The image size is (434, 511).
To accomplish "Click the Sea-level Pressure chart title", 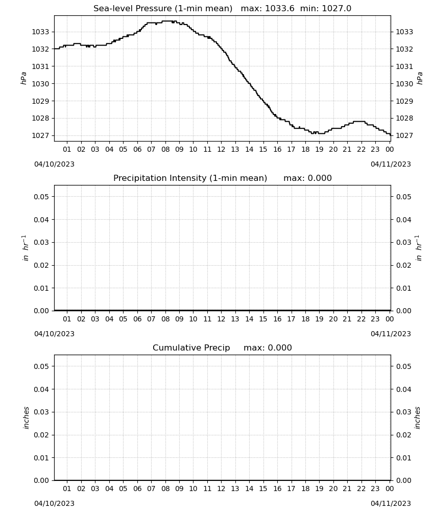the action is (x=223, y=9).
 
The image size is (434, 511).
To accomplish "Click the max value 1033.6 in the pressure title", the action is (x=280, y=9).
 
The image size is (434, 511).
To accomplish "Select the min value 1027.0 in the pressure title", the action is (x=336, y=9).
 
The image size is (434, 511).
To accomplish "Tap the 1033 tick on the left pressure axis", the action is (x=40, y=32).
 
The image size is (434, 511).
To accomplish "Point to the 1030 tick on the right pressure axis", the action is (x=404, y=84).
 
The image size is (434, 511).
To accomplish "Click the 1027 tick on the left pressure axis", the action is (x=40, y=135).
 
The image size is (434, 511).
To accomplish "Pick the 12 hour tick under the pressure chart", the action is (x=222, y=149).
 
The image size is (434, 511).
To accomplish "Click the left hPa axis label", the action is (x=23, y=78).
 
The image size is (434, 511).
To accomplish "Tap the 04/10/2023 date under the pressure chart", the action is (x=54, y=164).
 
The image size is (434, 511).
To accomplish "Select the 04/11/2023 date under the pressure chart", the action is (x=391, y=164).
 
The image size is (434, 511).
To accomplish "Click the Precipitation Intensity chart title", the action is (x=223, y=178).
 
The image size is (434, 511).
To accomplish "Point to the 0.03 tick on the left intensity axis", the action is (x=41, y=242).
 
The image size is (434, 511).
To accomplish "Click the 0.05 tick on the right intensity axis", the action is (x=404, y=197).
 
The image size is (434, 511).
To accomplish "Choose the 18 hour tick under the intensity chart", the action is (x=305, y=319).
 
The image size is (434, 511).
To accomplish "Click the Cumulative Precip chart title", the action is (x=223, y=347).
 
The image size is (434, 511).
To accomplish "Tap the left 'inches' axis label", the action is (x=26, y=418).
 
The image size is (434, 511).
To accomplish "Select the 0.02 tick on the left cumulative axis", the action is (x=41, y=435).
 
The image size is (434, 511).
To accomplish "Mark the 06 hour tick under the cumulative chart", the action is (x=137, y=489).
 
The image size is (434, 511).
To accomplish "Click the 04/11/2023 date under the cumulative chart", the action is (x=391, y=503).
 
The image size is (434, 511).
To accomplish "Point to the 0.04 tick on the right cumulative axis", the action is (x=404, y=389).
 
